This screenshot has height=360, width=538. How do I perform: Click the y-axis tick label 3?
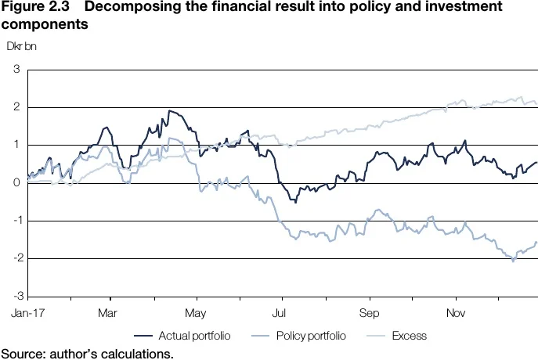click(16, 70)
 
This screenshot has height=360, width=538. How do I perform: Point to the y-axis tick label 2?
click(16, 107)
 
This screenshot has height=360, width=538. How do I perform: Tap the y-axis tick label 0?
click(16, 183)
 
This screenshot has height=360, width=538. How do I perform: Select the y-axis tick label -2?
click(15, 258)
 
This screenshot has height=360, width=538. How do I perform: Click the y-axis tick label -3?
click(15, 296)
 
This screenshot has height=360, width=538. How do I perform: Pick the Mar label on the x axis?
click(107, 312)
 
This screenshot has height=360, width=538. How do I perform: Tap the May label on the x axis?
click(195, 312)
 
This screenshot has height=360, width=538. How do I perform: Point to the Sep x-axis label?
click(369, 312)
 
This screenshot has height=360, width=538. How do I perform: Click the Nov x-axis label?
click(455, 312)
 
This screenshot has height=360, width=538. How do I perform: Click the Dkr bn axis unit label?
click(22, 45)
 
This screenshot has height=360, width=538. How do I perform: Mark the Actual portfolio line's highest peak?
click(170, 111)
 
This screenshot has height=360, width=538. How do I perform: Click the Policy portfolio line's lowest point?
click(514, 261)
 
